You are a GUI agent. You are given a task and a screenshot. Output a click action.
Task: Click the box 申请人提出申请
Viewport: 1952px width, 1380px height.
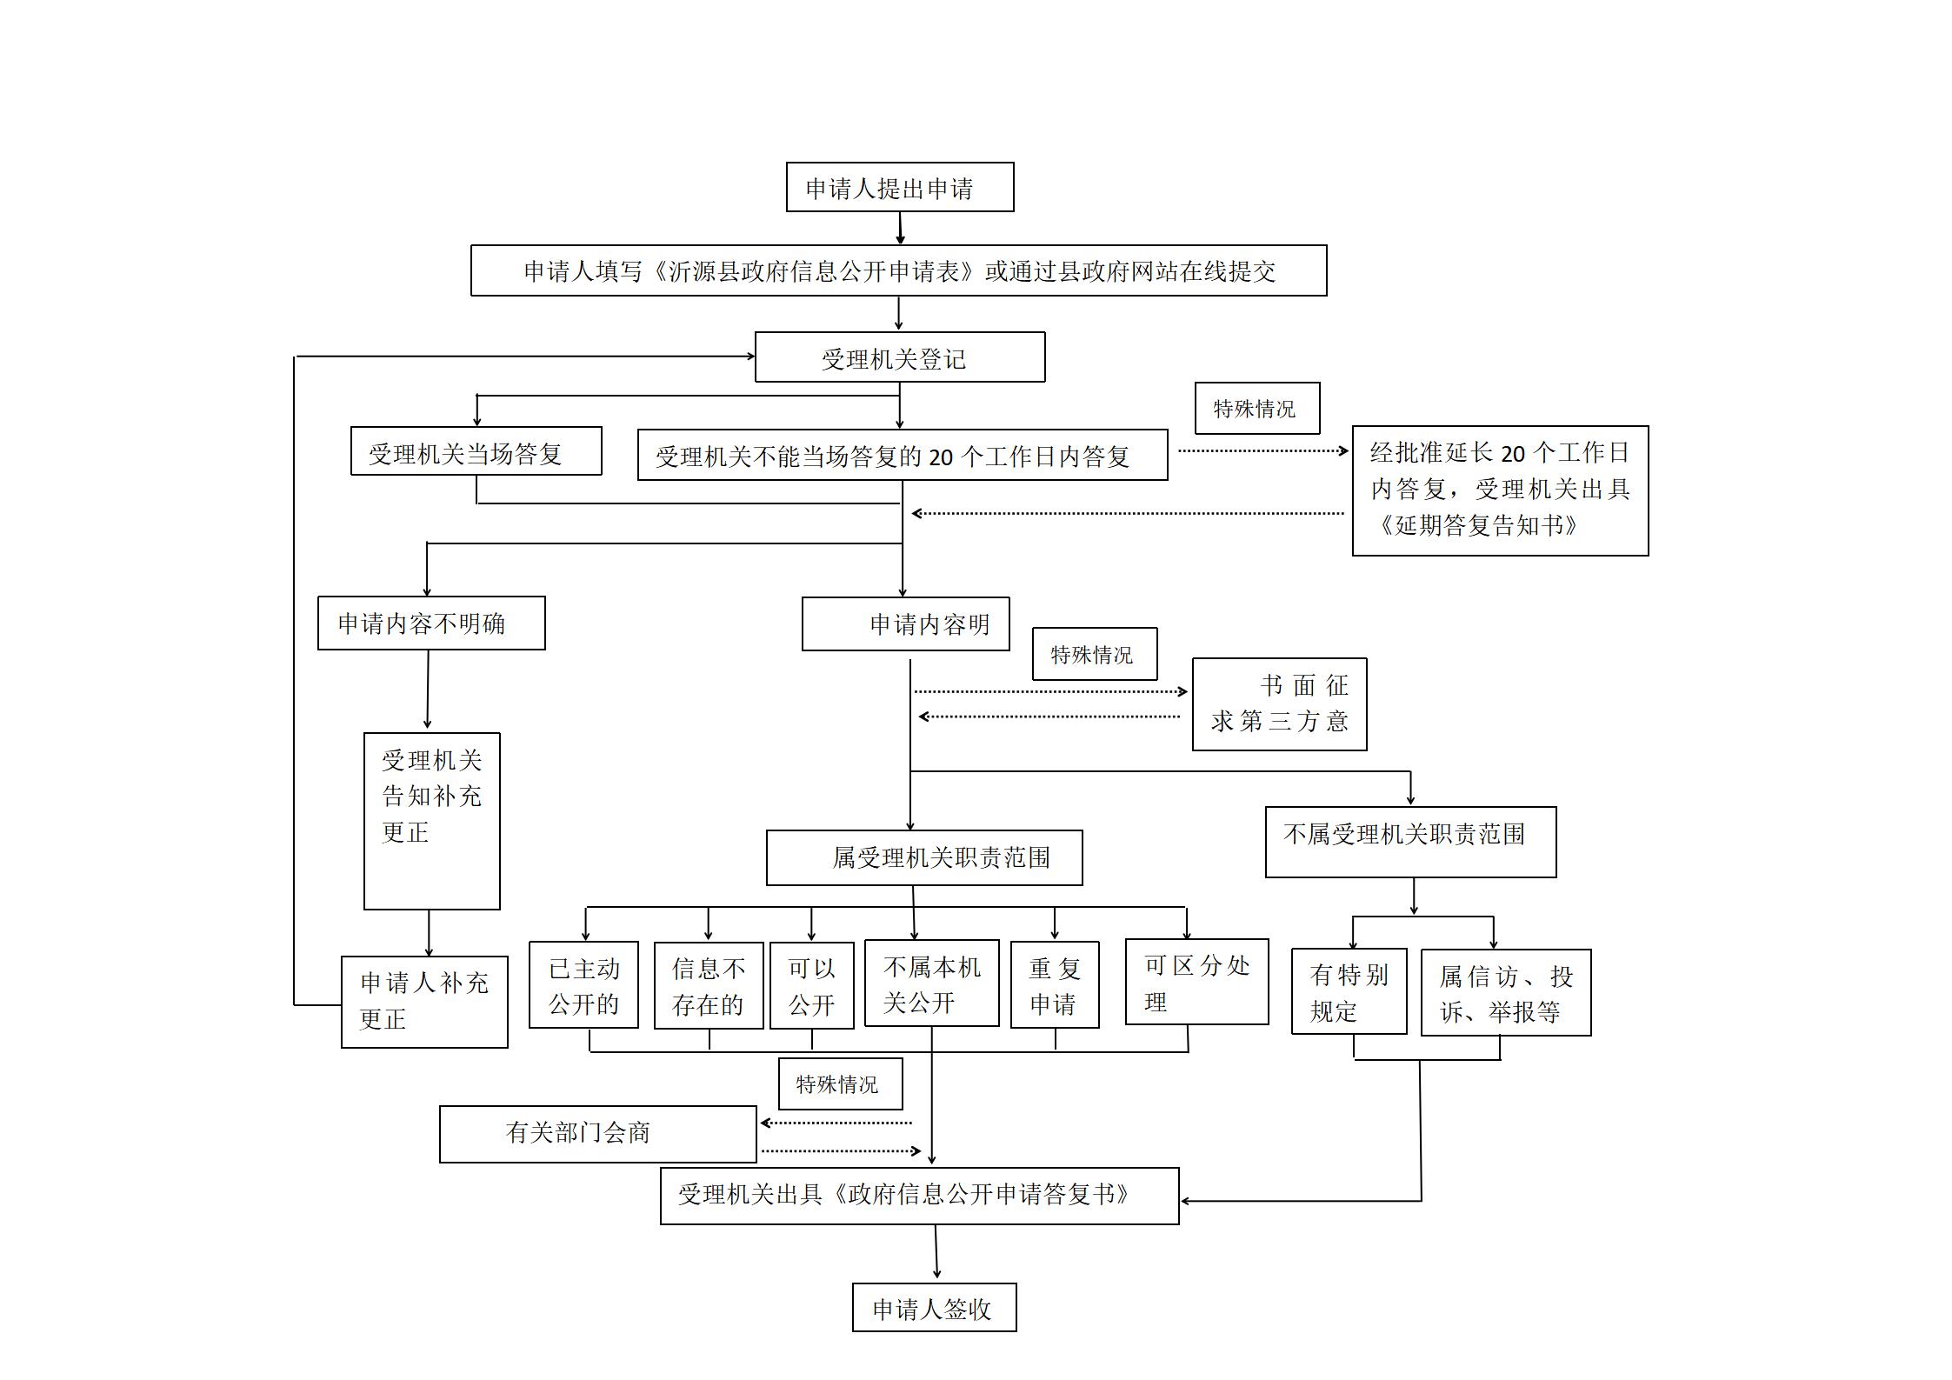[x=899, y=187]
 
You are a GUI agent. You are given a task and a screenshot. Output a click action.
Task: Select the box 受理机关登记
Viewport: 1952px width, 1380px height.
[x=899, y=357]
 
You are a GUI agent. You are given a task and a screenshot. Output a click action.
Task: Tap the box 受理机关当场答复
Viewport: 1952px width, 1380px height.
[x=476, y=451]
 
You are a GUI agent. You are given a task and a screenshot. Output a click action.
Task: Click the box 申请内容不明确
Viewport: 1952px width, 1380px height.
[x=431, y=623]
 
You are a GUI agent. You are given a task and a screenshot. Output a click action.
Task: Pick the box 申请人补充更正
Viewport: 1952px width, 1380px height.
[x=424, y=1002]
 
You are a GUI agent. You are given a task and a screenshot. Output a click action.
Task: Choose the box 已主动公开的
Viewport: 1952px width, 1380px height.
[x=583, y=985]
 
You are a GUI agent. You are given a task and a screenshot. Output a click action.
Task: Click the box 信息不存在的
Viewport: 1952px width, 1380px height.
[x=709, y=986]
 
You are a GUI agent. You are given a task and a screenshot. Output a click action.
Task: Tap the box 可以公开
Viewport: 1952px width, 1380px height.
[x=811, y=986]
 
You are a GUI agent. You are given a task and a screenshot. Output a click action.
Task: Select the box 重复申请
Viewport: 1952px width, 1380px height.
[x=1055, y=985]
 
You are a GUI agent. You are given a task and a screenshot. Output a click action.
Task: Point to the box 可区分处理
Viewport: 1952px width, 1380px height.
[x=1196, y=982]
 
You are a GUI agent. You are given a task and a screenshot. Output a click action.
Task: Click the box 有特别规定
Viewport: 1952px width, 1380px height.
[x=1349, y=991]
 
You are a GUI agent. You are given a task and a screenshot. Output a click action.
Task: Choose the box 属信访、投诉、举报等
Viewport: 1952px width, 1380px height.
[x=1505, y=993]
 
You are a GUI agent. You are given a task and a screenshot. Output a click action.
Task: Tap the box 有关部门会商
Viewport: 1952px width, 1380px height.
[x=597, y=1134]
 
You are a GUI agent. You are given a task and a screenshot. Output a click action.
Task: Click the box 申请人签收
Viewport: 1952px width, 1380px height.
[x=934, y=1308]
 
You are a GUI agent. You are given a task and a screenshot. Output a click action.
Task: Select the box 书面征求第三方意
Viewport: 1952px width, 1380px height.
[x=1279, y=704]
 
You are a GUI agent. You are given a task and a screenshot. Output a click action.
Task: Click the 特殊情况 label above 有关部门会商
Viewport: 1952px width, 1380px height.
[x=840, y=1083]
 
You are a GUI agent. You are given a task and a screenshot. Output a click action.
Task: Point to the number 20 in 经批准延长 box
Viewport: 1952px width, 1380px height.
[x=1513, y=454]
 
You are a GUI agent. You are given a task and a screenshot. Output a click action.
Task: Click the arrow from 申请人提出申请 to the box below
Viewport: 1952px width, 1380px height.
[x=900, y=228]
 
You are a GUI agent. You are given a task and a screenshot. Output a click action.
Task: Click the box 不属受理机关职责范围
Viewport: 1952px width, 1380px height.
[x=1410, y=842]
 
